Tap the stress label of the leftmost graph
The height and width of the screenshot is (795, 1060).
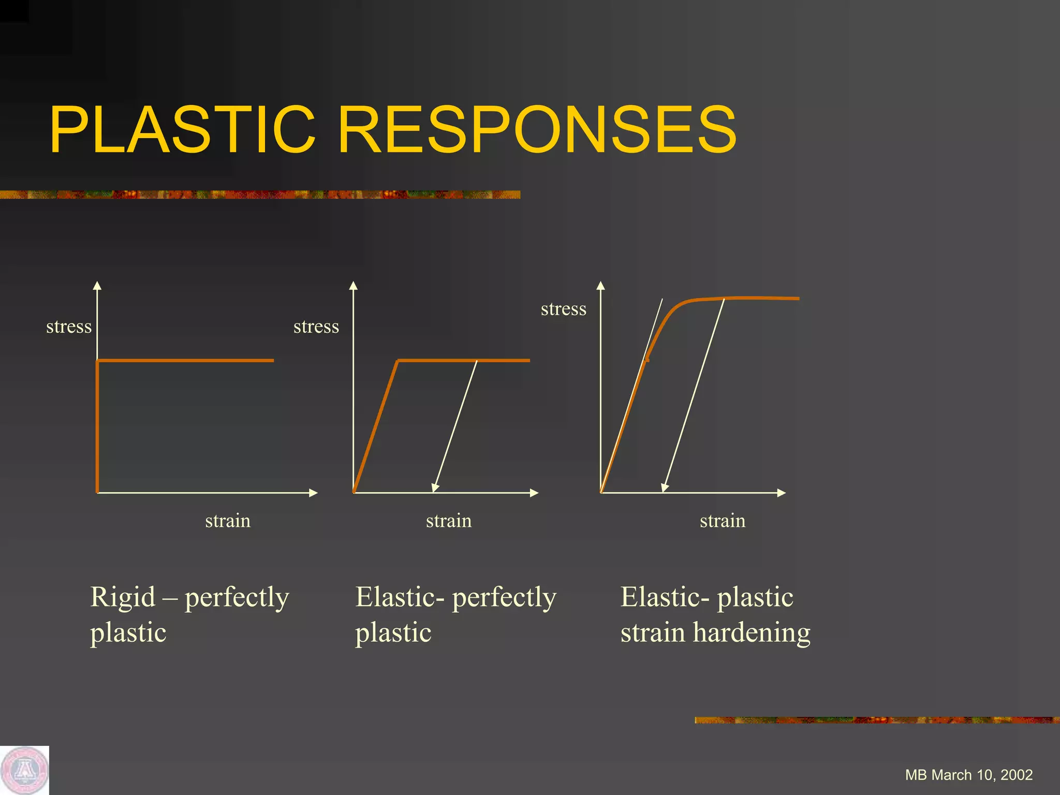(x=69, y=327)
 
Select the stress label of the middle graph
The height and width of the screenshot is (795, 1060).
(x=316, y=327)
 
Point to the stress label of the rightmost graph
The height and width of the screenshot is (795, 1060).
(x=564, y=309)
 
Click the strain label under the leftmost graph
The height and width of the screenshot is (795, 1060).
(x=228, y=521)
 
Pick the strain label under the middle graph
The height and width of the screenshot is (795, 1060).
(x=449, y=521)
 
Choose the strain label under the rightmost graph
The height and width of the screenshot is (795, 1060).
(x=723, y=521)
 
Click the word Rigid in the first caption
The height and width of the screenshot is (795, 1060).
(x=123, y=597)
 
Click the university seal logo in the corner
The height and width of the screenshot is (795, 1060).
(x=24, y=770)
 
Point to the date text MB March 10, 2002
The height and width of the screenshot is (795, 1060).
(x=969, y=775)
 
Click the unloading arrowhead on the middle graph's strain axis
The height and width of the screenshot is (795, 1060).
(x=435, y=488)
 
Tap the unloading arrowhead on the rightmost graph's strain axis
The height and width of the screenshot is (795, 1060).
(x=664, y=488)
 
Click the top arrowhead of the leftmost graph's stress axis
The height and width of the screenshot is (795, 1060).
(x=97, y=285)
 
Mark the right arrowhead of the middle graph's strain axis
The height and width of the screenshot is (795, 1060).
(x=535, y=493)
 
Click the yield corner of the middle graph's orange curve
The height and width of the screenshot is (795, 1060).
(x=397, y=360)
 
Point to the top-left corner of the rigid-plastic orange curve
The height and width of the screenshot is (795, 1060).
(x=97, y=360)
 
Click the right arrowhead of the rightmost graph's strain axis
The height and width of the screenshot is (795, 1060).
(x=782, y=493)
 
